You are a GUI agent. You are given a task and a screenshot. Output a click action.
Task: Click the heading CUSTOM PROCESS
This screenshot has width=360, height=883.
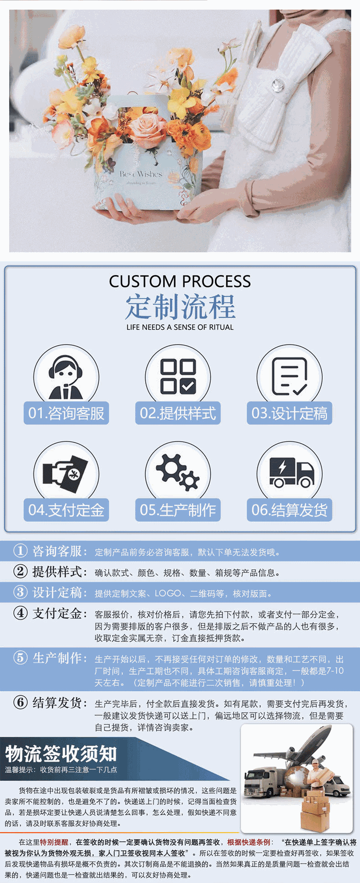click(x=180, y=281)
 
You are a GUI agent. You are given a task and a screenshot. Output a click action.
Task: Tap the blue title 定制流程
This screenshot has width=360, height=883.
click(x=180, y=307)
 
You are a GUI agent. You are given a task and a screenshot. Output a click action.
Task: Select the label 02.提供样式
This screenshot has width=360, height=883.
click(x=178, y=413)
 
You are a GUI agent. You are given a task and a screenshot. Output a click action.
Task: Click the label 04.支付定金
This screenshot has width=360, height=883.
click(x=66, y=510)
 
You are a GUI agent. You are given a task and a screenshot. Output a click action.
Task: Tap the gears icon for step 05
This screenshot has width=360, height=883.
click(x=177, y=472)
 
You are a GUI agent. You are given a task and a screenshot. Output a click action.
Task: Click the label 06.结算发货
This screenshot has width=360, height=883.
click(x=289, y=510)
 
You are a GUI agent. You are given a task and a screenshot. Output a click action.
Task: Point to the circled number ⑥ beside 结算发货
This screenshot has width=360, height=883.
click(x=20, y=702)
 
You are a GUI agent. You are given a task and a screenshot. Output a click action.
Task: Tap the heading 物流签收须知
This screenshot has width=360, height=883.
click(x=61, y=753)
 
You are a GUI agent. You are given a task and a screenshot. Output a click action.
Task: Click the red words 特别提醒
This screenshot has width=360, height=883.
click(x=54, y=842)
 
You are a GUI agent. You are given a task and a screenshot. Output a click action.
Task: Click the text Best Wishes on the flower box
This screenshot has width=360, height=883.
click(x=141, y=174)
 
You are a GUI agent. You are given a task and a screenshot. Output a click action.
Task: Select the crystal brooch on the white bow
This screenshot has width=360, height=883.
click(x=278, y=85)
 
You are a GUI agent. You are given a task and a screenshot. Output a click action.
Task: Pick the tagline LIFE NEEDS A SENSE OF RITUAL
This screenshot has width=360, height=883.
click(x=180, y=327)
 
